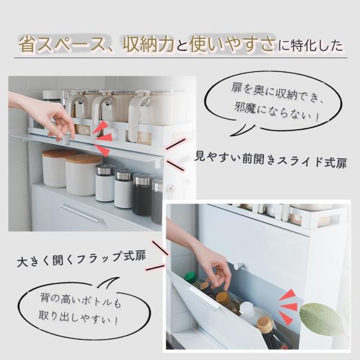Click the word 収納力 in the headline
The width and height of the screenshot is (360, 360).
point(148,44)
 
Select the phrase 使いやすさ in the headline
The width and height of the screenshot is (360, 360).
point(232,44)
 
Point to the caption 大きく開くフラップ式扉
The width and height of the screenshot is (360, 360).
point(82,259)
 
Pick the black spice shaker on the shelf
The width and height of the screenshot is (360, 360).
point(142,194)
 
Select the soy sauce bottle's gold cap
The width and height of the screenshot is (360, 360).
point(265,324)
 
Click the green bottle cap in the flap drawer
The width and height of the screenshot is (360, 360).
point(190,277)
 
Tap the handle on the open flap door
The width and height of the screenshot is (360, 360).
point(202,299)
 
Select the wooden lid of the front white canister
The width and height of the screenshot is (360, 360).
point(84,158)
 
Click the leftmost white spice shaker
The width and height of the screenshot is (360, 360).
point(105,183)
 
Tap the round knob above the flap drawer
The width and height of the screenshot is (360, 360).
point(239,266)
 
